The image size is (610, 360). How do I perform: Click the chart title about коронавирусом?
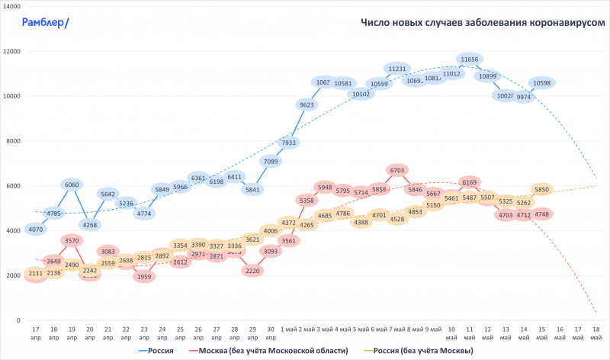tap(483, 23)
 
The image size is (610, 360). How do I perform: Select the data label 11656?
tap(470, 59)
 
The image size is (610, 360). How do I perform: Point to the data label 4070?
tap(34, 229)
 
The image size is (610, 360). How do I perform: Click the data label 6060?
tap(72, 185)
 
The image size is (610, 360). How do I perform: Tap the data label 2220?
tap(252, 271)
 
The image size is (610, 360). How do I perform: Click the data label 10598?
tap(542, 83)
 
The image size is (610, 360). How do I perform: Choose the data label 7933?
tap(288, 143)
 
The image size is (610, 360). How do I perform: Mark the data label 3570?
tap(72, 241)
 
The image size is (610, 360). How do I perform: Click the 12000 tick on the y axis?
tap(11, 52)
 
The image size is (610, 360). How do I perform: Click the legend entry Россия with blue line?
tap(162, 351)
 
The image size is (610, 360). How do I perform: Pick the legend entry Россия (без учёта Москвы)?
tap(419, 351)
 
